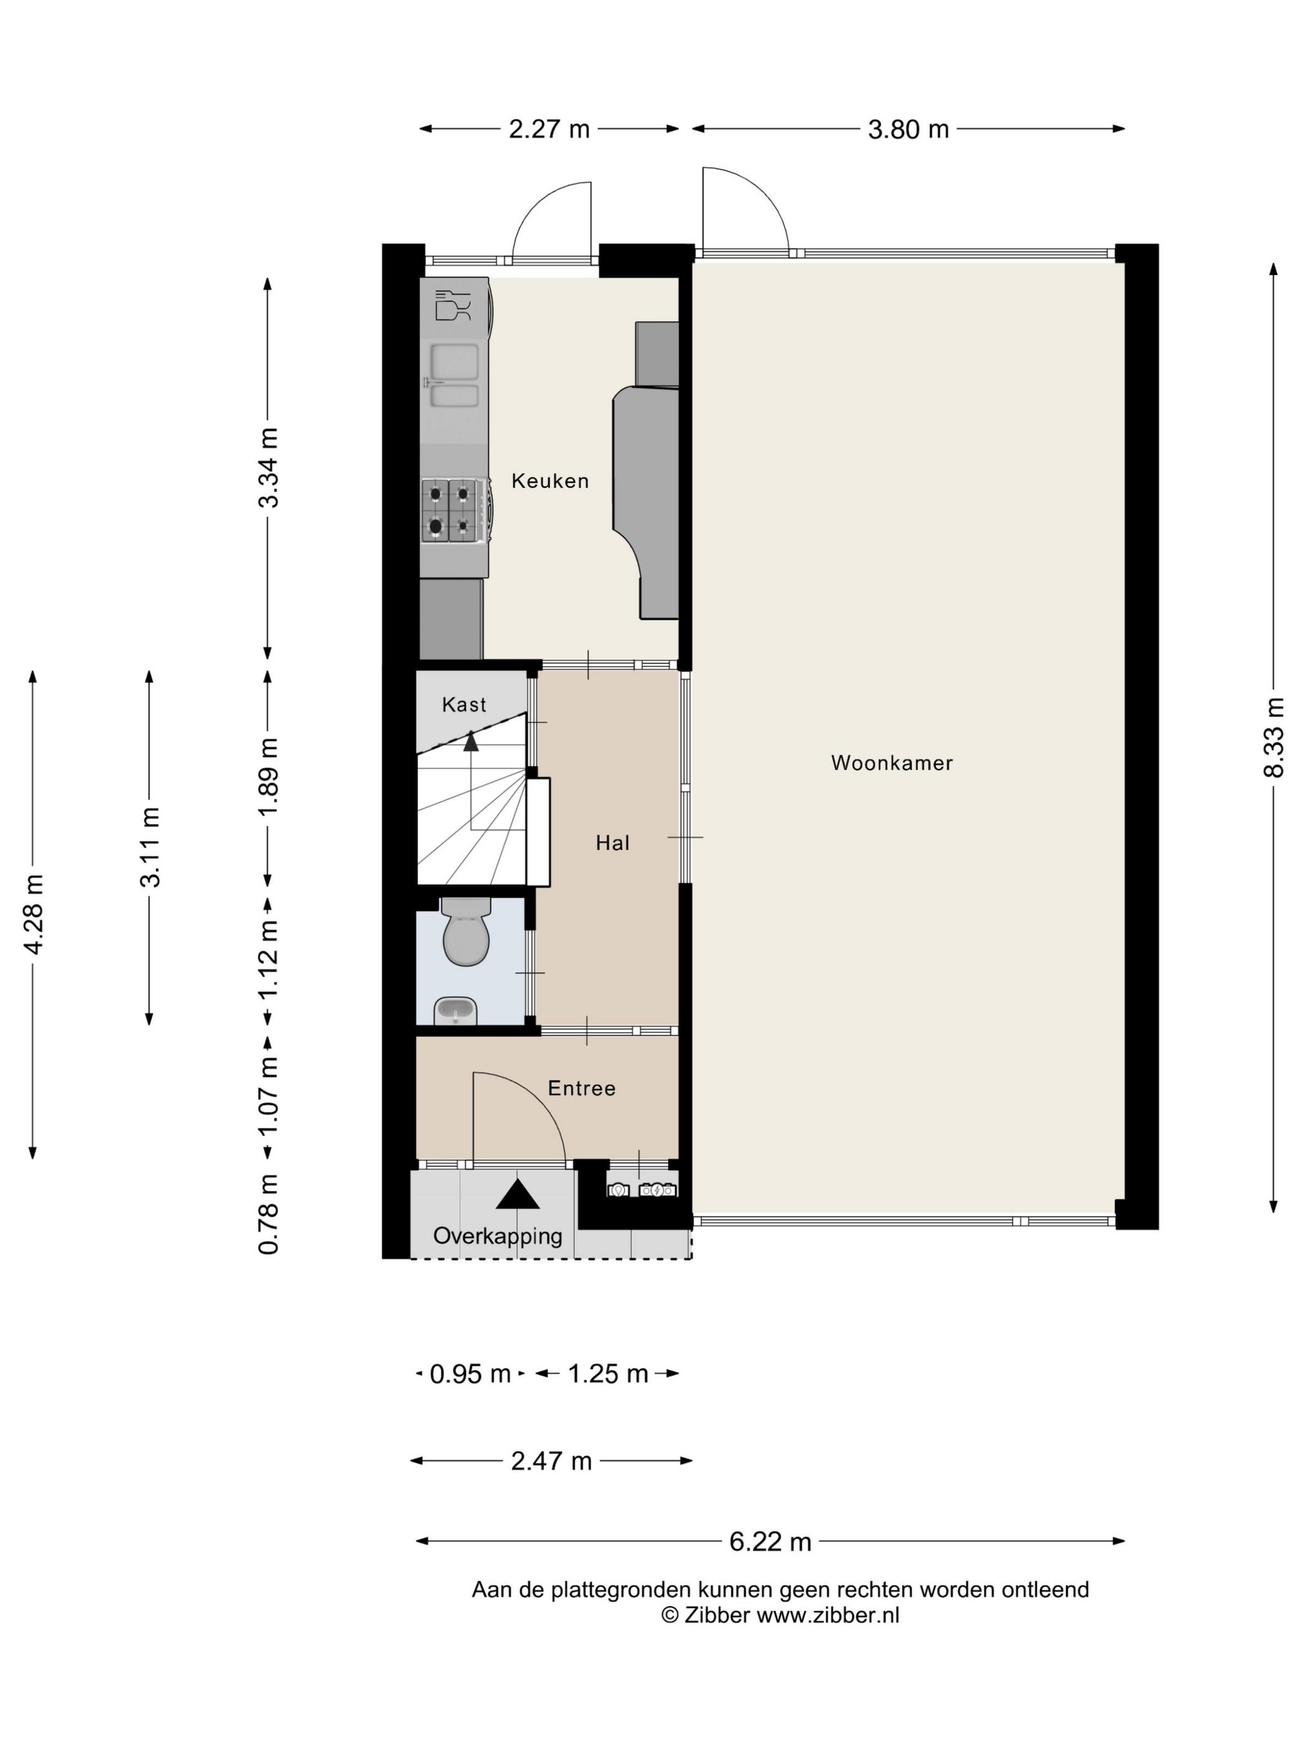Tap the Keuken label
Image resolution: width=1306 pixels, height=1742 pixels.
(550, 480)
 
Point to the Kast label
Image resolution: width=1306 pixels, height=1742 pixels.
(464, 704)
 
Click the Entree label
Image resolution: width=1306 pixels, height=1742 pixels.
(581, 1088)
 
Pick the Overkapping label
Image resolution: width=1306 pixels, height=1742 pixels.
(498, 1236)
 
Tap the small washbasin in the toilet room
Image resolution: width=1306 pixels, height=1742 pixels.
(456, 1010)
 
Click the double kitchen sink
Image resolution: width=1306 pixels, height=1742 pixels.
(453, 376)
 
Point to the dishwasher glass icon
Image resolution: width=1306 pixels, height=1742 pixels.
(453, 305)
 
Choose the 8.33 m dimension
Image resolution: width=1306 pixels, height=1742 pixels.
(1273, 737)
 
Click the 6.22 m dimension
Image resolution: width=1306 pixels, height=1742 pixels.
(770, 1541)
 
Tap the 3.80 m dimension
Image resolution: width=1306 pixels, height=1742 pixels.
(909, 129)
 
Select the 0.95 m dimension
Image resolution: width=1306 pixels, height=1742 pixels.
(470, 1374)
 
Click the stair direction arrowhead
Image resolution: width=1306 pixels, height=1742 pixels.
(471, 740)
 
